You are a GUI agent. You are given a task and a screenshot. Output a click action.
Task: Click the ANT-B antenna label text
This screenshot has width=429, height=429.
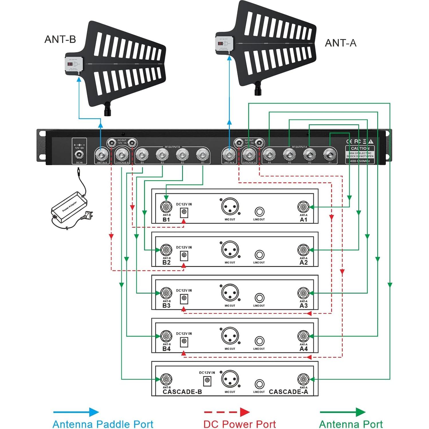coord(60,39)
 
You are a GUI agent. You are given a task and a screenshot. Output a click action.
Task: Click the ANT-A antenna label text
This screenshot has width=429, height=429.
coord(341,43)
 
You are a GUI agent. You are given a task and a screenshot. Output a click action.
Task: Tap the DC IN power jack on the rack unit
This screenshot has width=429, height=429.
coord(79,155)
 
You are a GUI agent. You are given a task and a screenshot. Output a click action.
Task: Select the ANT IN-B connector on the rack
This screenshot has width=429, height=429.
coord(102,155)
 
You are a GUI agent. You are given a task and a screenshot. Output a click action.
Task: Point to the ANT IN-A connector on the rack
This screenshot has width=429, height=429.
coord(229,155)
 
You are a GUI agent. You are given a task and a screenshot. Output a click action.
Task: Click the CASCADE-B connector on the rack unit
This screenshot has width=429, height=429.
coord(122,155)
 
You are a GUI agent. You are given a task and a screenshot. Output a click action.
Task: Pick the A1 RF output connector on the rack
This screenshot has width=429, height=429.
coord(330,155)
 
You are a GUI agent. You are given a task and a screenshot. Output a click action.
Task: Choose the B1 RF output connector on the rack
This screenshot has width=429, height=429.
coord(202,155)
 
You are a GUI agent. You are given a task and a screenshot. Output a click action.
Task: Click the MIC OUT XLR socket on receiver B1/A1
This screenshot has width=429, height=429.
coord(230,206)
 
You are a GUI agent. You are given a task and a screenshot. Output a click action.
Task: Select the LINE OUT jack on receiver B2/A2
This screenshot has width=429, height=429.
coord(259,255)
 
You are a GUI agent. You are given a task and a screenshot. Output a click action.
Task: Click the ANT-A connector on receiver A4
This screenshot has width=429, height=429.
coord(303,336)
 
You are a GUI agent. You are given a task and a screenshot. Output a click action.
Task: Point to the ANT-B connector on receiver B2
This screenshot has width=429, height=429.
coord(166,250)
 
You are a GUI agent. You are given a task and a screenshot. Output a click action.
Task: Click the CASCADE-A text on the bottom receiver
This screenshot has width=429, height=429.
coord(288,392)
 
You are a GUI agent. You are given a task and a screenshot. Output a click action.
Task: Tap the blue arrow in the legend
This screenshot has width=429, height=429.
coord(76,412)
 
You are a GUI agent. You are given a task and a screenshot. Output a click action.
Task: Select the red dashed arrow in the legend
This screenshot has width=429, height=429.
coord(227,412)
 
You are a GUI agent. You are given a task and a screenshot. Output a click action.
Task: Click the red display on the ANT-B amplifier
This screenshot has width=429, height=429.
coord(70,64)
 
